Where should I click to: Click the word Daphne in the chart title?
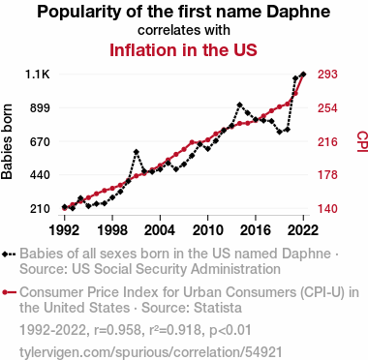click(x=298, y=12)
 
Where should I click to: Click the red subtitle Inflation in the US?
click(x=183, y=50)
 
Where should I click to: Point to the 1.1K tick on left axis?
click(x=38, y=75)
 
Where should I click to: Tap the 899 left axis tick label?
click(x=40, y=108)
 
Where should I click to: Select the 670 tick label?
click(x=40, y=141)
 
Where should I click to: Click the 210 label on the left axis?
click(x=40, y=209)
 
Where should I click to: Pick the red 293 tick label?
click(x=327, y=75)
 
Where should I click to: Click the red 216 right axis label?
click(x=327, y=141)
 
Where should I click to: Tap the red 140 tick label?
click(x=327, y=209)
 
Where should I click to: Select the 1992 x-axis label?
click(x=65, y=230)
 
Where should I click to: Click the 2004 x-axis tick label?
click(x=160, y=230)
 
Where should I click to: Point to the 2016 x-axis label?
click(x=256, y=230)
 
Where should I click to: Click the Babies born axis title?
click(x=7, y=141)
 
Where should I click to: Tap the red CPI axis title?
click(x=362, y=141)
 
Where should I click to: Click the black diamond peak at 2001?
click(x=137, y=152)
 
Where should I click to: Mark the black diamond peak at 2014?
click(x=239, y=105)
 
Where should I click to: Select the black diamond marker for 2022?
click(x=303, y=75)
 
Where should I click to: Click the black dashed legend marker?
click(x=9, y=255)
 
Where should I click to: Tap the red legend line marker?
click(x=9, y=292)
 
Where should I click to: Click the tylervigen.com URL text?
click(x=151, y=352)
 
